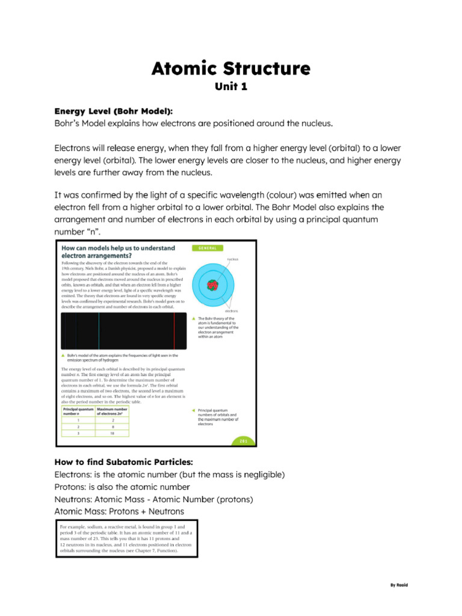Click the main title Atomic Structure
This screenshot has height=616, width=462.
(x=231, y=68)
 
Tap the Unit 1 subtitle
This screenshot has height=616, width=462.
(x=231, y=87)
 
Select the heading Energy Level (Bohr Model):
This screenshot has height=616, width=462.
(x=113, y=111)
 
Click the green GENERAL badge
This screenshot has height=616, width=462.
(x=206, y=248)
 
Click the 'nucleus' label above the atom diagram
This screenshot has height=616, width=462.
(x=232, y=259)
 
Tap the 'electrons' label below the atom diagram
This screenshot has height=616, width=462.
(x=231, y=311)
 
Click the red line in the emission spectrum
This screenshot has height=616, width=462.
(x=174, y=331)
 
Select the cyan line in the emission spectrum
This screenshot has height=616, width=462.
(x=99, y=331)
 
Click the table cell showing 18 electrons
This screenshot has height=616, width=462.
(x=112, y=433)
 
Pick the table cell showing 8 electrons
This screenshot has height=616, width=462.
(x=112, y=426)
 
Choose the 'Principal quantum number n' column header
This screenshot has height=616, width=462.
(x=78, y=411)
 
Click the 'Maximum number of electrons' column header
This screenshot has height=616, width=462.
(x=112, y=411)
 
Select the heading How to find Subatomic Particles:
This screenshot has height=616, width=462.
(x=123, y=462)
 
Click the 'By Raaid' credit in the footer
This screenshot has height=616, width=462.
(x=399, y=585)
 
